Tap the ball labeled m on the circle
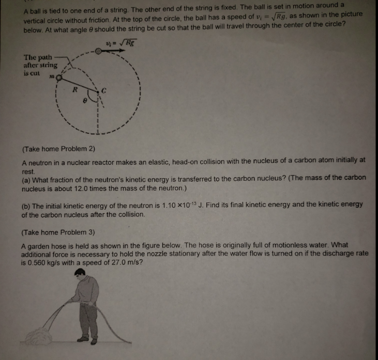59,78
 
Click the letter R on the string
74,89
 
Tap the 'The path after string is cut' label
40,65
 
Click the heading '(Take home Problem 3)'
58,232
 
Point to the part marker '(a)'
25,178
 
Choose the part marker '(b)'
25,205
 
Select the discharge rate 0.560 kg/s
48,262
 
